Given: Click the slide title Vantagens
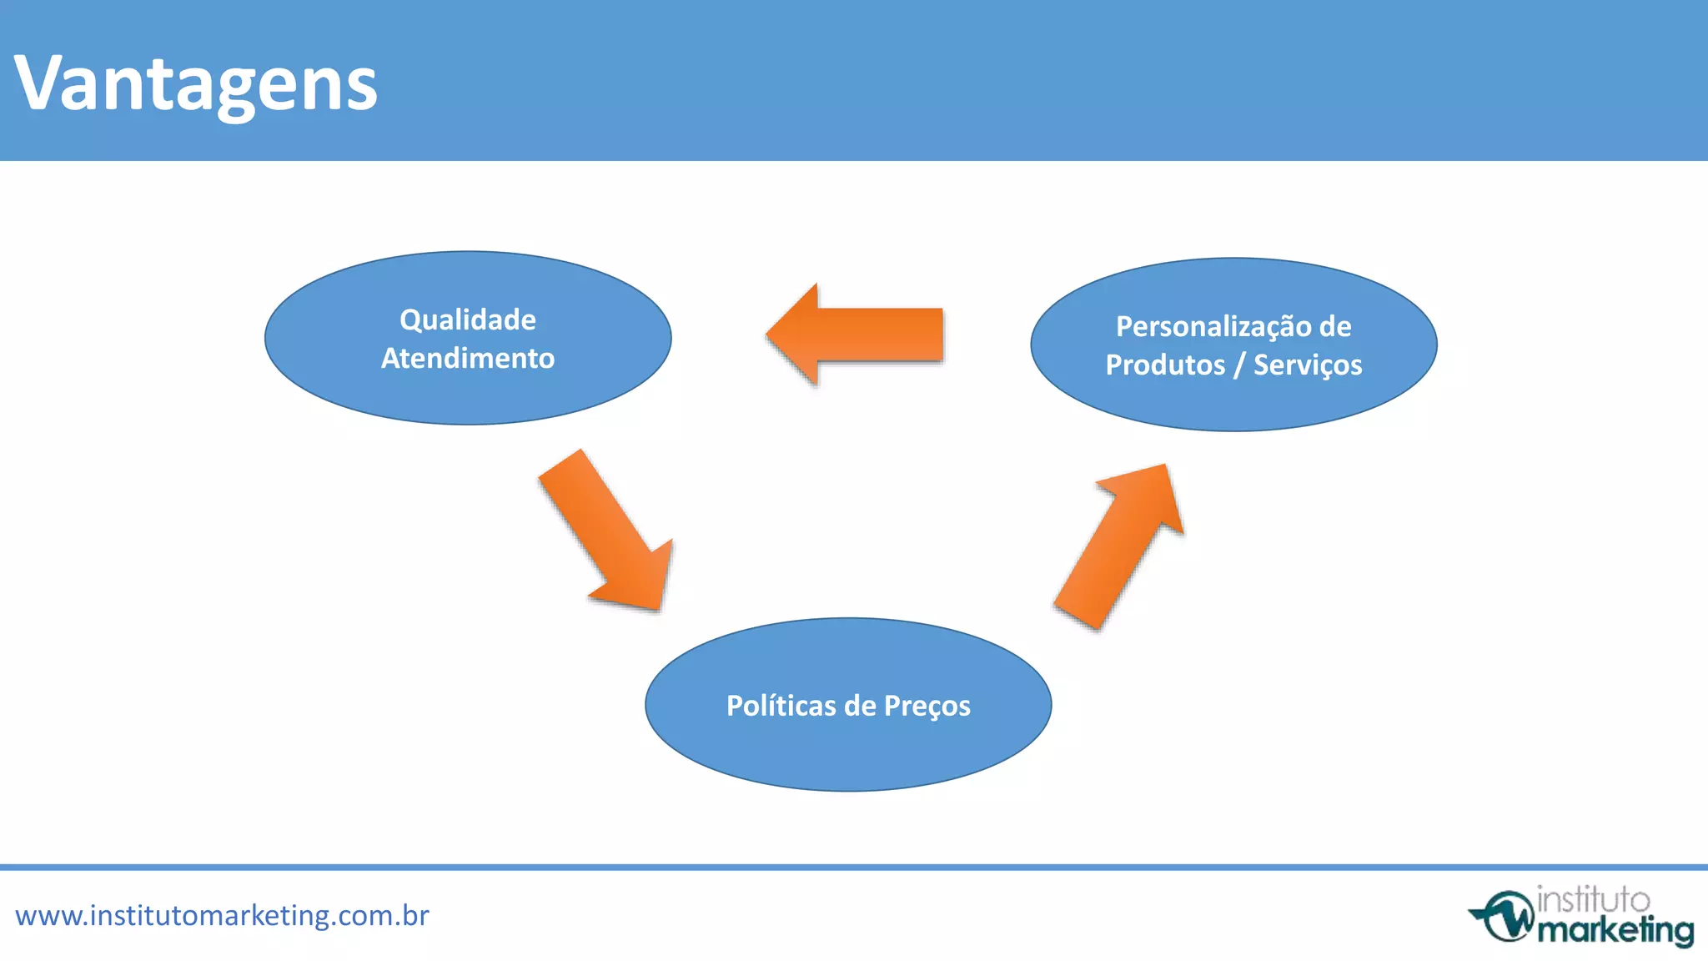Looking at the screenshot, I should click(196, 83).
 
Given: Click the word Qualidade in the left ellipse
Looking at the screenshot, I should click(468, 319).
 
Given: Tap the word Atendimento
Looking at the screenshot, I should click(468, 358).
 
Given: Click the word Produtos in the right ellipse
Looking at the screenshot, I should click(1165, 365).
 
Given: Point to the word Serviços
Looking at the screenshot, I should click(1308, 365).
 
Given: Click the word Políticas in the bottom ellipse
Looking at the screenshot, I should click(781, 706).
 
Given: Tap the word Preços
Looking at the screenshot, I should click(927, 707).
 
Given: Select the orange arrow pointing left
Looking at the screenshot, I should click(859, 335).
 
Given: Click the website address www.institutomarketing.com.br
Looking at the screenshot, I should click(222, 916).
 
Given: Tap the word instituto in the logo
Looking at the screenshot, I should click(1593, 900).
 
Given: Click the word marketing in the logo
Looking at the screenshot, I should click(1615, 929).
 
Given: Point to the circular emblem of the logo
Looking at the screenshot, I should click(1505, 917).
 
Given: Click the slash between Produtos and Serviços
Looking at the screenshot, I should click(1239, 365).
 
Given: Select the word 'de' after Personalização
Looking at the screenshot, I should click(1334, 326).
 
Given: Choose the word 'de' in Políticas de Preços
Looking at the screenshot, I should click(860, 706).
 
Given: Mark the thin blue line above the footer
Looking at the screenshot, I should click(854, 867).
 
